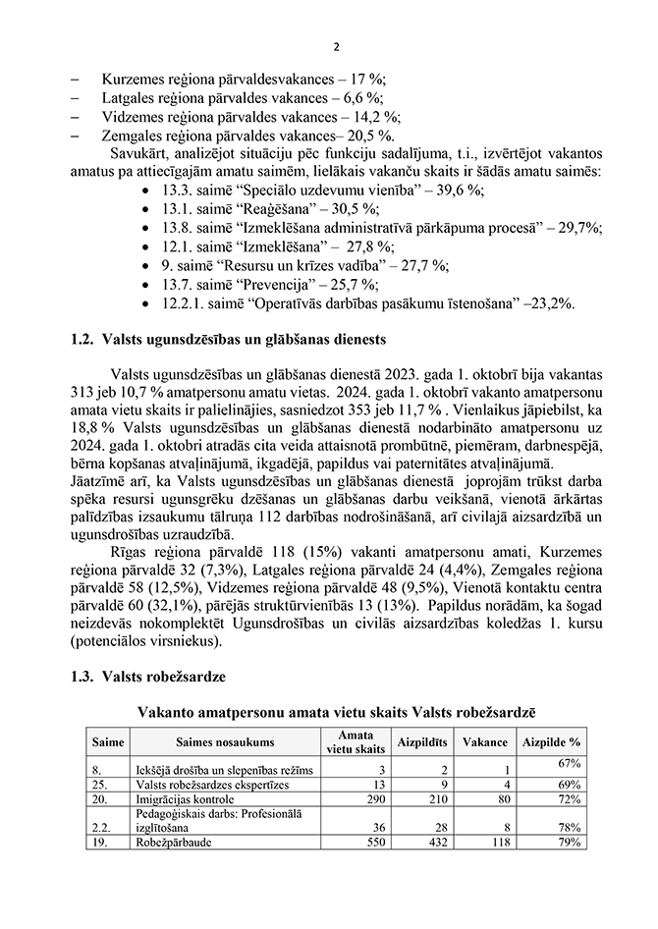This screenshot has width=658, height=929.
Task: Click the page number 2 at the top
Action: (336, 46)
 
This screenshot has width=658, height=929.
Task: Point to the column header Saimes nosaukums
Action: (225, 742)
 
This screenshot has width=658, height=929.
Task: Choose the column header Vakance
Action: (485, 742)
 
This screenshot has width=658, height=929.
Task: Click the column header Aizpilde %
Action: (551, 742)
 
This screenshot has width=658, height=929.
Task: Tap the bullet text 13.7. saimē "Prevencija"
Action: (255, 285)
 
